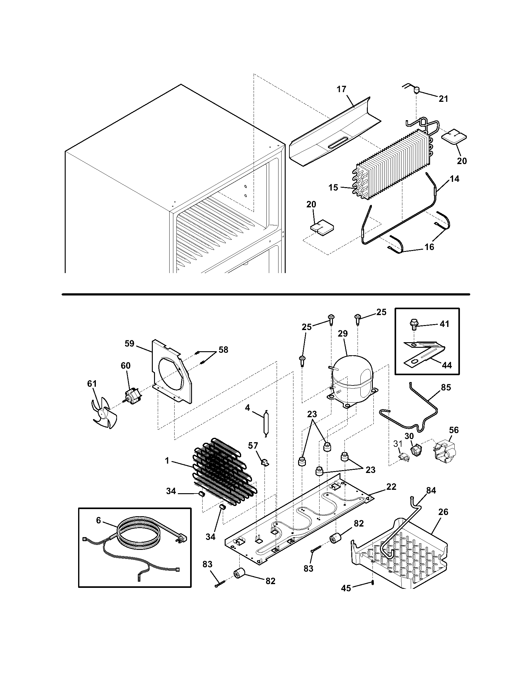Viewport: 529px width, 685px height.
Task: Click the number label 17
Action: pos(341,89)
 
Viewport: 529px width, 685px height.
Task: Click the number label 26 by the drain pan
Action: pos(443,512)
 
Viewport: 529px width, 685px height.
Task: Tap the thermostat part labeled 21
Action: pos(416,91)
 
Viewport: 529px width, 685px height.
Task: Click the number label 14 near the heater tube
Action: pos(454,179)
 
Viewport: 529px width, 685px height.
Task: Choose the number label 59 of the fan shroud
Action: pos(129,343)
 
